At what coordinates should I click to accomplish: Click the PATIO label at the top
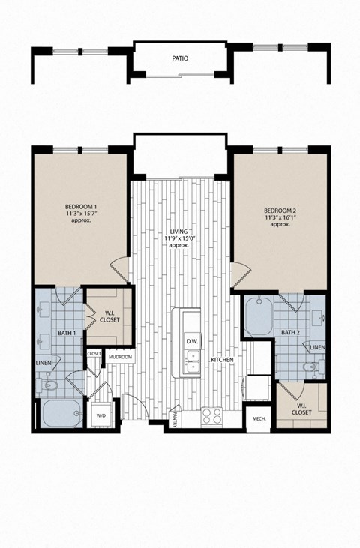(179, 58)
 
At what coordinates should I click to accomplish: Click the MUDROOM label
(120, 357)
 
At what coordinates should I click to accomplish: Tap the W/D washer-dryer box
(101, 415)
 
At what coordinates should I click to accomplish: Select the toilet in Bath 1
(49, 385)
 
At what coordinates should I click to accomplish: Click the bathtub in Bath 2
(260, 317)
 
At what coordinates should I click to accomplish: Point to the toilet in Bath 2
(310, 367)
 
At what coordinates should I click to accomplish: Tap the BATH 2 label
(291, 332)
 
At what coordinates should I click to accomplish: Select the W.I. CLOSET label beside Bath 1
(109, 316)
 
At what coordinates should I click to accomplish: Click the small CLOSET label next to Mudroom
(94, 353)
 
